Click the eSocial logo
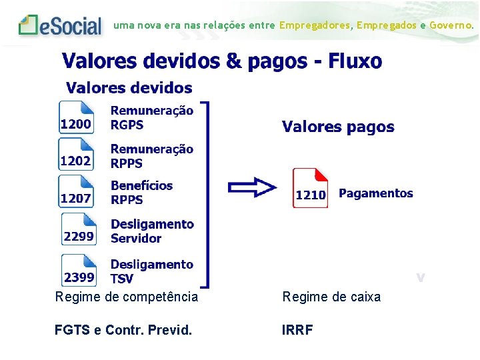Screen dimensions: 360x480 (x=61, y=25)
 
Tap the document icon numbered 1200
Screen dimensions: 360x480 (x=76, y=117)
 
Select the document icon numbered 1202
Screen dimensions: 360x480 (x=76, y=155)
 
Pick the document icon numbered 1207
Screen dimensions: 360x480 (x=76, y=192)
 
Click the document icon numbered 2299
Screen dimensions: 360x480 (x=79, y=229)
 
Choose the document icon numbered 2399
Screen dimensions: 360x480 (x=79, y=270)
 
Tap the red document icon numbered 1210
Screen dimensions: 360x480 (x=311, y=189)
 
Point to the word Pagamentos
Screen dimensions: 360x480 (x=376, y=193)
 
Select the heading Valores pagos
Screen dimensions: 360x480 (x=338, y=127)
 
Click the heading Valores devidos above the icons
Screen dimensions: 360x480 (x=129, y=88)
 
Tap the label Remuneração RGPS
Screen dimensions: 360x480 (x=152, y=118)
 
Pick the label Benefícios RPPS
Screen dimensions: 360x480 (x=141, y=193)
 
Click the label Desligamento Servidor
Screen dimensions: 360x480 (x=152, y=231)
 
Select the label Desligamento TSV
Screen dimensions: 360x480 (x=151, y=271)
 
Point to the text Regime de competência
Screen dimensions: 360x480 (x=126, y=297)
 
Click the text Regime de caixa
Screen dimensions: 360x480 (x=331, y=297)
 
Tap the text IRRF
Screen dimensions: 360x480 (x=298, y=330)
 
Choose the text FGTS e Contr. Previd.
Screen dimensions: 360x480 (x=123, y=330)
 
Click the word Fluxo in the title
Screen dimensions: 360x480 (x=355, y=62)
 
